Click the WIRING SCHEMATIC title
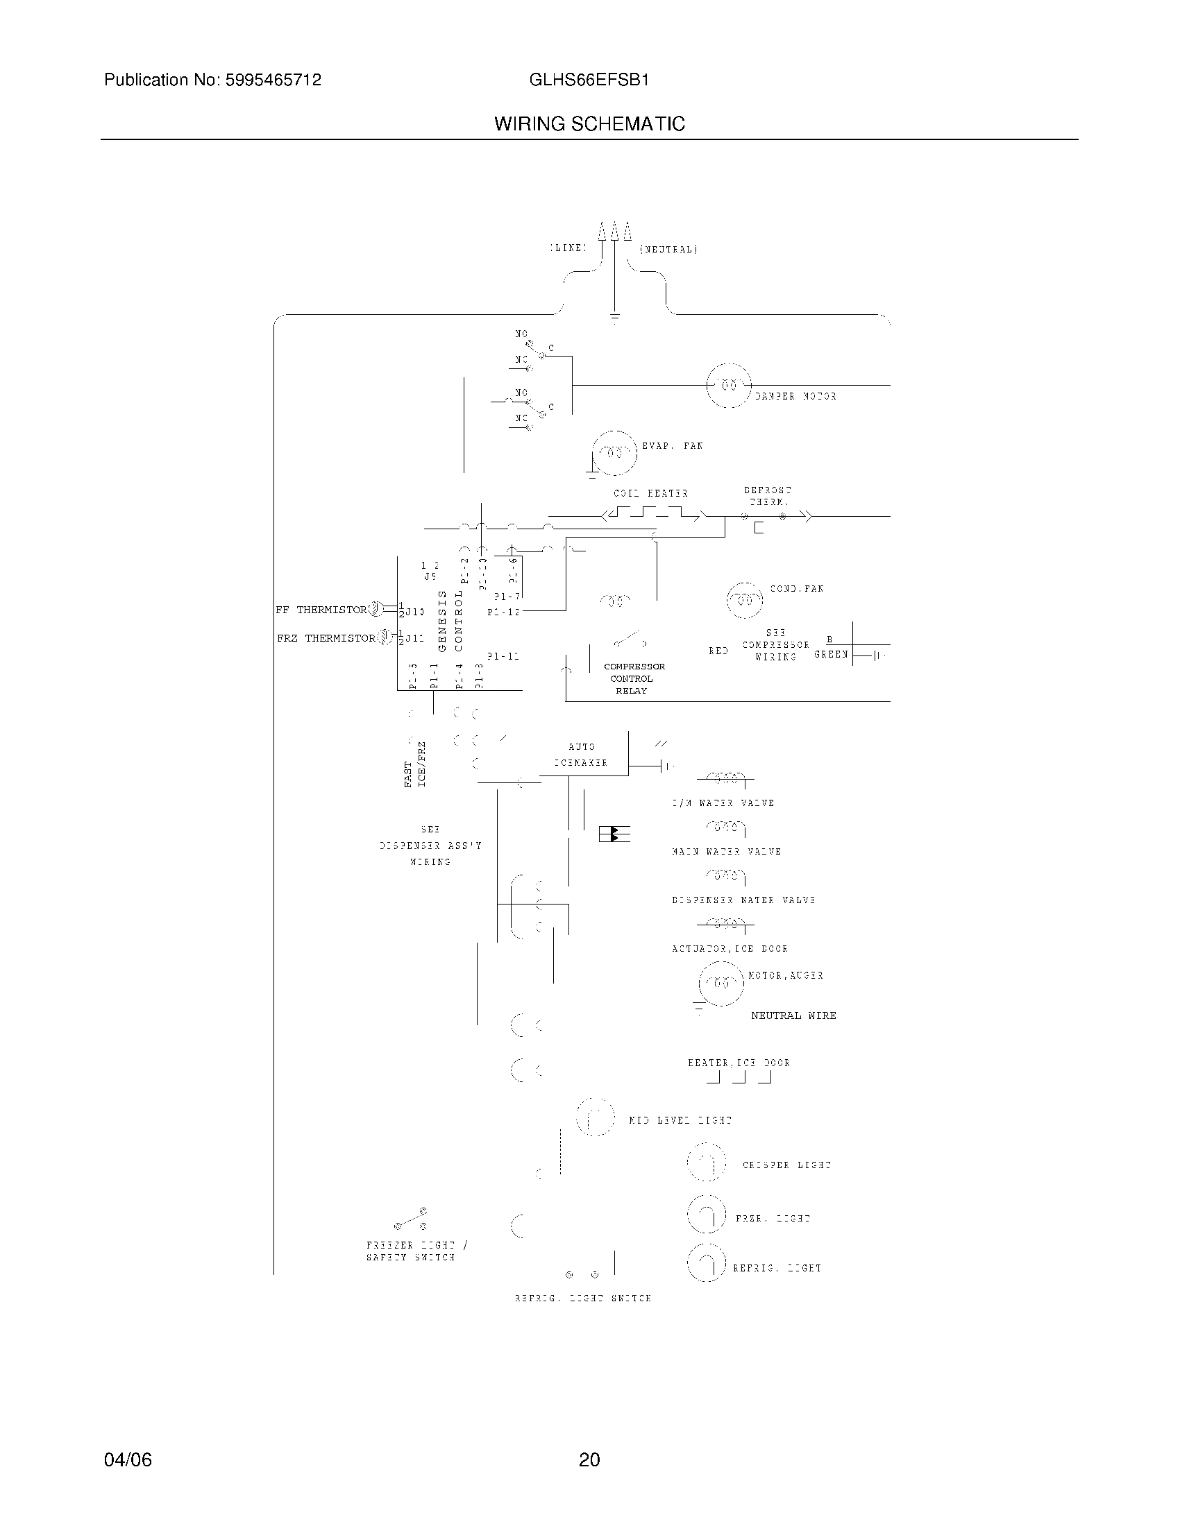589,123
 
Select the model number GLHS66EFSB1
589,80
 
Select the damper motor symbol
729,385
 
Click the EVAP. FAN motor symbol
614,452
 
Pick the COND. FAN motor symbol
745,600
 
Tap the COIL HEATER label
651,493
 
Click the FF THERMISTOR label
321,610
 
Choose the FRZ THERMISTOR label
326,638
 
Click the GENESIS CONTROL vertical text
450,621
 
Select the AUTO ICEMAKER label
582,755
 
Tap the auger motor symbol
721,983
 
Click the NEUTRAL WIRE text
793,1015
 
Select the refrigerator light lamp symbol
707,1265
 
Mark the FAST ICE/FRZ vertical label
414,764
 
